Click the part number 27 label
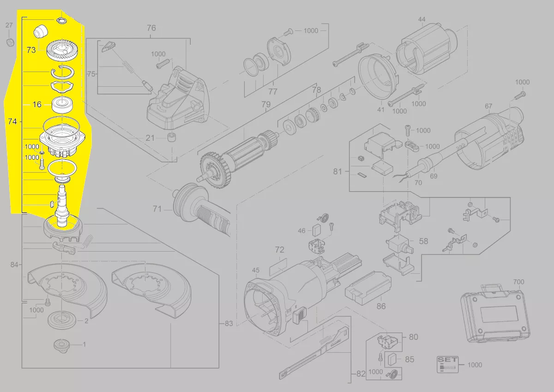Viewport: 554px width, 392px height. pyautogui.click(x=9, y=25)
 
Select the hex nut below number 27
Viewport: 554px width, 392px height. pyautogui.click(x=10, y=42)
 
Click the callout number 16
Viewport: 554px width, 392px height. pyautogui.click(x=37, y=104)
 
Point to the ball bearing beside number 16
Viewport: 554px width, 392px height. pyautogui.click(x=62, y=105)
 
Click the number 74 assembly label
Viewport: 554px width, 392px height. pyautogui.click(x=12, y=121)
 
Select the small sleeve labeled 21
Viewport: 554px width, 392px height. pyautogui.click(x=172, y=137)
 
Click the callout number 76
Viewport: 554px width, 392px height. pyautogui.click(x=151, y=28)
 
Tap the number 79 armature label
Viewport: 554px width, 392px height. pyautogui.click(x=266, y=104)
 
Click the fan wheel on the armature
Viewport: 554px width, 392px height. pyautogui.click(x=215, y=171)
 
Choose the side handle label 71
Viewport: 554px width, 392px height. pyautogui.click(x=157, y=209)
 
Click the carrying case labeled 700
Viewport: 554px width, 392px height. pyautogui.click(x=495, y=314)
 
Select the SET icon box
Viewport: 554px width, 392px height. pyautogui.click(x=448, y=365)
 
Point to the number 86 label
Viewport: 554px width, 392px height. pyautogui.click(x=381, y=306)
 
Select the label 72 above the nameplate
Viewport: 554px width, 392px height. pyautogui.click(x=279, y=250)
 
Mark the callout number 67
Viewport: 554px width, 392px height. pyautogui.click(x=488, y=106)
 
